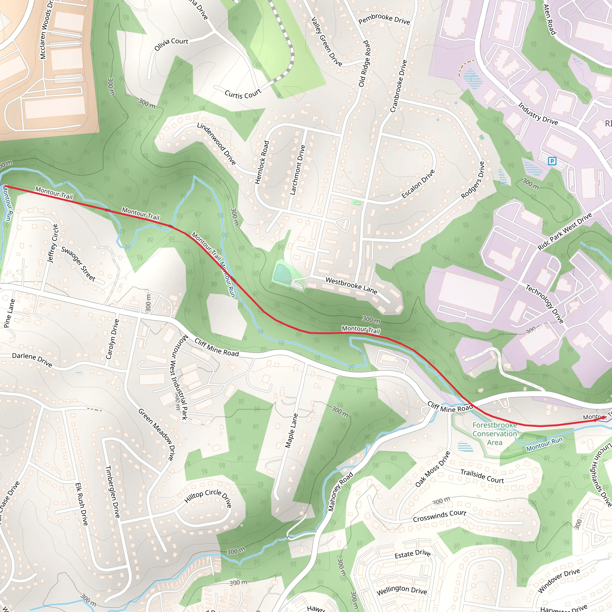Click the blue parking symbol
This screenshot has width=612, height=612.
pyautogui.click(x=552, y=161)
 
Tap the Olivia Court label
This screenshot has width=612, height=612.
pyautogui.click(x=171, y=45)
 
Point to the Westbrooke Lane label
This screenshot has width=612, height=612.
pyautogui.click(x=351, y=285)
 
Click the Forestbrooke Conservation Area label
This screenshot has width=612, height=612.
pyautogui.click(x=495, y=434)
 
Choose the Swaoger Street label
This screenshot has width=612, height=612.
pyautogui.click(x=78, y=264)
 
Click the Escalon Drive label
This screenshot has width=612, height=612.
pyautogui.click(x=418, y=184)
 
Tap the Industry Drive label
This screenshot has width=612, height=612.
pyautogui.click(x=538, y=113)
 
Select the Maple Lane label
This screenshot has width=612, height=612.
pyautogui.click(x=291, y=431)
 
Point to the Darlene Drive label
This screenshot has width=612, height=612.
pyautogui.click(x=32, y=359)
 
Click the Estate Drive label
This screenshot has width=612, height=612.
pyautogui.click(x=412, y=554)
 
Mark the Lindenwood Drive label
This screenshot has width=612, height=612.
pyautogui.click(x=216, y=144)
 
